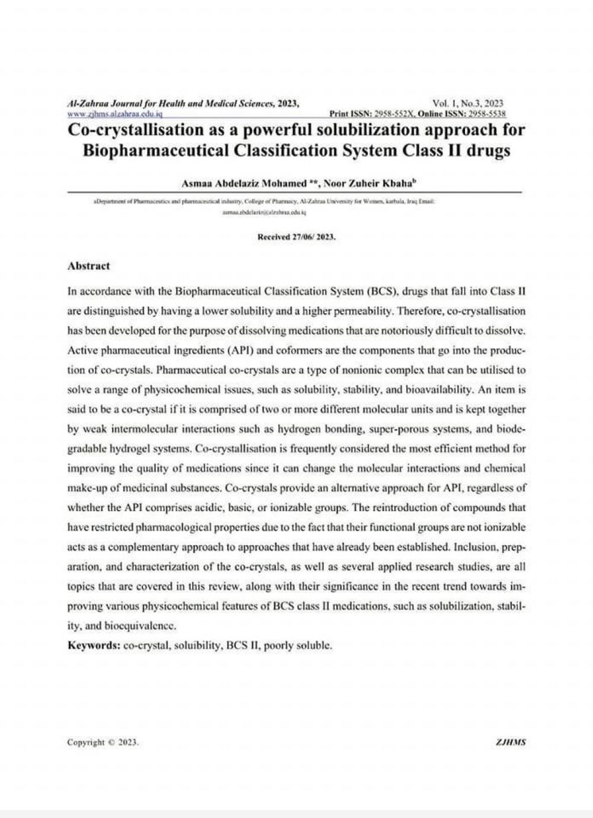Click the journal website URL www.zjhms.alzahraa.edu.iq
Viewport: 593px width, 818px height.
pyautogui.click(x=115, y=113)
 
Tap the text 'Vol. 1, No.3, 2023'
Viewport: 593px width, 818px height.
pyautogui.click(x=468, y=103)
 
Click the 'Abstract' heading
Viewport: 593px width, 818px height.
pyautogui.click(x=89, y=266)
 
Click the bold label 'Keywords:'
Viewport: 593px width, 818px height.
pyautogui.click(x=94, y=645)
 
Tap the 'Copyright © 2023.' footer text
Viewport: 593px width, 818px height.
pyautogui.click(x=103, y=742)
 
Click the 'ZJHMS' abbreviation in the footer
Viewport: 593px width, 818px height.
pyautogui.click(x=510, y=742)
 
